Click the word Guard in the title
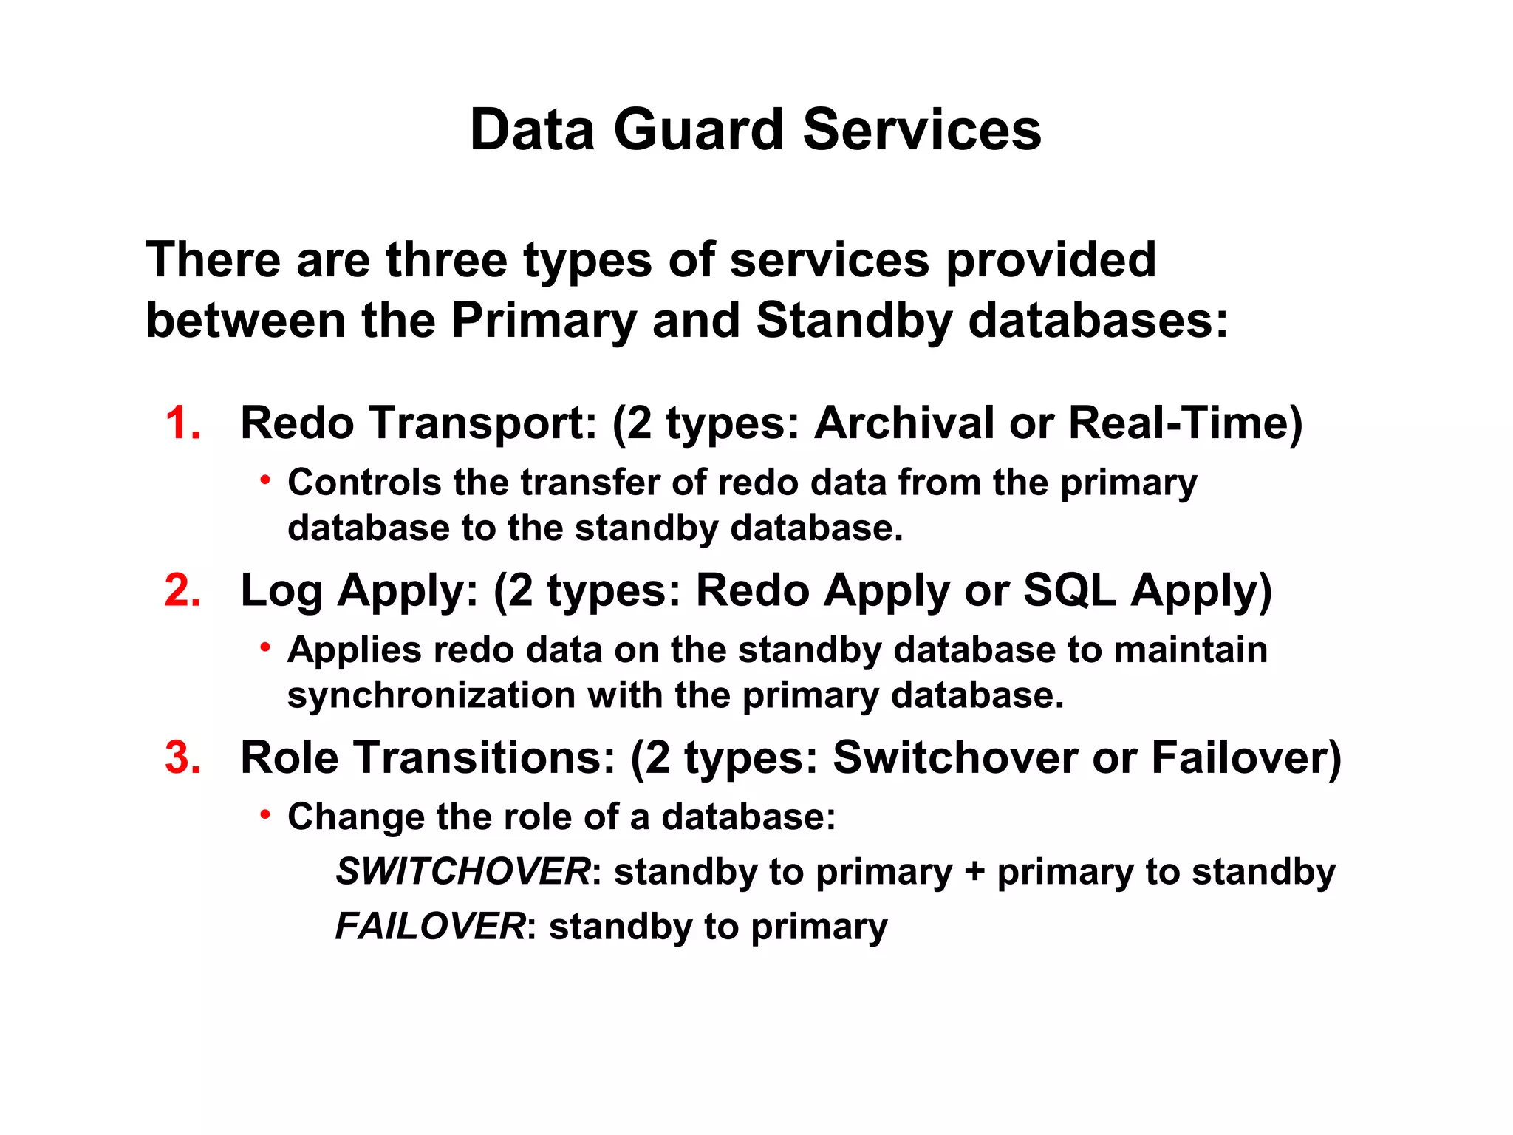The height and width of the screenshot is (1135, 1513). click(x=697, y=130)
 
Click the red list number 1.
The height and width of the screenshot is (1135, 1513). click(x=181, y=423)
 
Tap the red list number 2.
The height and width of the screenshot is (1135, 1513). click(x=182, y=590)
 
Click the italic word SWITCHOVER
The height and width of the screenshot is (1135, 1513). click(x=463, y=871)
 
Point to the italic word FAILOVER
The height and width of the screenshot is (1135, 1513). click(x=431, y=926)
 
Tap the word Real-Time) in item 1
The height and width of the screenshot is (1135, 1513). click(x=1185, y=423)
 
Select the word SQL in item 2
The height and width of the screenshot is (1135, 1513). click(x=1068, y=590)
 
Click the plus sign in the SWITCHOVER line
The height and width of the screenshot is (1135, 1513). click(x=974, y=873)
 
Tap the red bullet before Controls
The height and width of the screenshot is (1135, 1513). click(x=264, y=481)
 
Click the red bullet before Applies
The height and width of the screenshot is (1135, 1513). click(x=264, y=648)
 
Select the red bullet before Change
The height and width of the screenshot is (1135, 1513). click(x=264, y=815)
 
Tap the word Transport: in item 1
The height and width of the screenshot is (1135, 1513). click(x=483, y=423)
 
